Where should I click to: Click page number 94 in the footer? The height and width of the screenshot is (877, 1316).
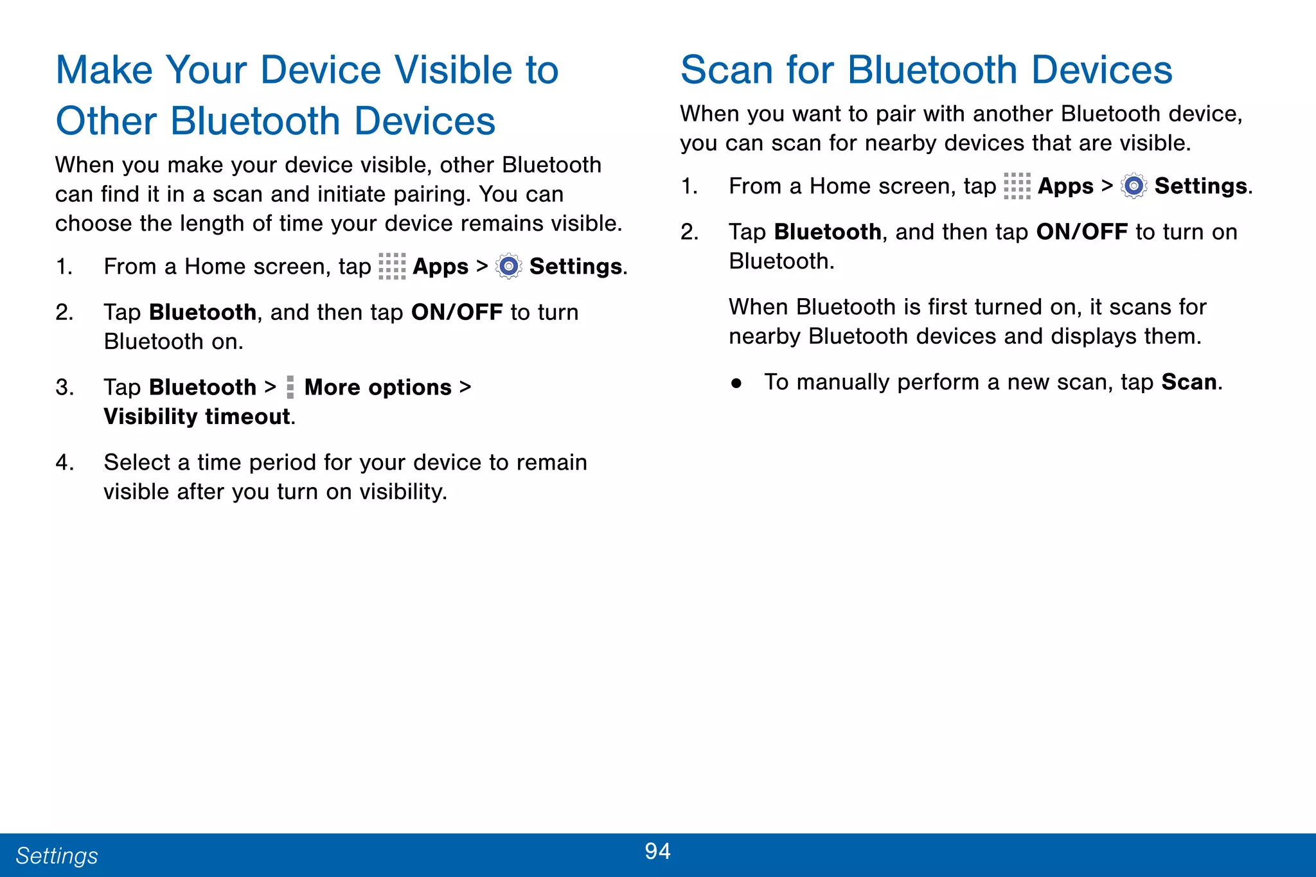coord(657,851)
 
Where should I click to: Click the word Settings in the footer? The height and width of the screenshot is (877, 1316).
coord(57,856)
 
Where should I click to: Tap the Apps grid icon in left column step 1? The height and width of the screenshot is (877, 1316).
coord(392,266)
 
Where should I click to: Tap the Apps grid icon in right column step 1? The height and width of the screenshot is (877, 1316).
coord(1017,186)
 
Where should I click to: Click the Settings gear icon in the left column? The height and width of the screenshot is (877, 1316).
coord(509,266)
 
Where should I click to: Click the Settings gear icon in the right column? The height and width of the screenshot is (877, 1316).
coord(1134,186)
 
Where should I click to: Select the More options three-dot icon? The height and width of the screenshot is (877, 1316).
coord(290,387)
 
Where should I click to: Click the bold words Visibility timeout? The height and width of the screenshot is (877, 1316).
coord(197,416)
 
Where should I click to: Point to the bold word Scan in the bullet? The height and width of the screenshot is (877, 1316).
coord(1189,382)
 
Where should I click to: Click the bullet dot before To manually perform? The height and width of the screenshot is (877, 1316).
coord(736,384)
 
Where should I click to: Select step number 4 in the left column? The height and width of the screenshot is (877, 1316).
coord(64,463)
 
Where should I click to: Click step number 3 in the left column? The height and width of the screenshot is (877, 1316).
coord(64,387)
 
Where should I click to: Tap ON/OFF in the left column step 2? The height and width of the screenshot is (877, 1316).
coord(457,312)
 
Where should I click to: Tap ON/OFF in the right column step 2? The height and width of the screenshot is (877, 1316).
coord(1082,232)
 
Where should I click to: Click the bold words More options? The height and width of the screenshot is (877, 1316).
coord(378,387)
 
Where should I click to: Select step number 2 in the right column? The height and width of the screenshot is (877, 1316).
coord(689,232)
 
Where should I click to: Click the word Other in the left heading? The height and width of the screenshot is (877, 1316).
coord(106,121)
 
